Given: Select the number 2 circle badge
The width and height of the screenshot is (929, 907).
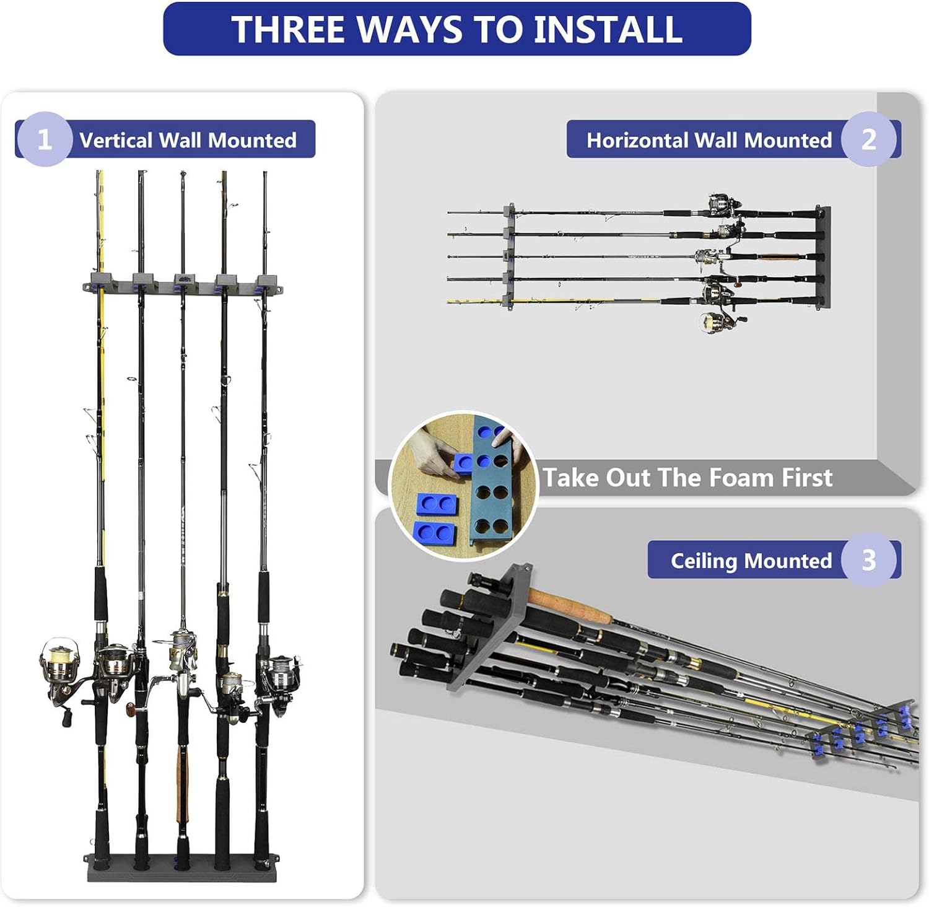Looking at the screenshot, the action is [869, 139].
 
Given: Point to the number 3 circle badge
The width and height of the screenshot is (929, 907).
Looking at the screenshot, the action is [869, 560].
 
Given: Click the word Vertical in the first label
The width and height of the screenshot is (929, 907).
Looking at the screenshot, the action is [116, 140].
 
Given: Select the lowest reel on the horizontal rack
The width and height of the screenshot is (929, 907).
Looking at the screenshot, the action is [719, 322].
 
